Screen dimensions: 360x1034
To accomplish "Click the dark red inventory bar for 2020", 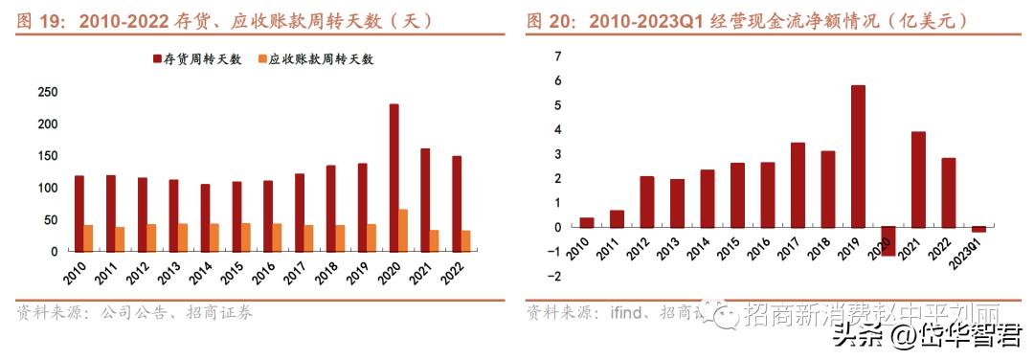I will pos(393,178).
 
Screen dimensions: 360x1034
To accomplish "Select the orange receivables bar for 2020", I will pos(403,231).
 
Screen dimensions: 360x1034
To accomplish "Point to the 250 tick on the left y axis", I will pos(47,93).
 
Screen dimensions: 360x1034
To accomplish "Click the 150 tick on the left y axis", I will pos(47,156).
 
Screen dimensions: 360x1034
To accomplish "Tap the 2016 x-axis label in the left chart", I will pos(262,272).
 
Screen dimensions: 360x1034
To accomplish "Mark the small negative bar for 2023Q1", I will pos(978,230).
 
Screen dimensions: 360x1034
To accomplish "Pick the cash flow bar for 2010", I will pos(586,222).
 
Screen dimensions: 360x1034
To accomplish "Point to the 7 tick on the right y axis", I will pos(558,56).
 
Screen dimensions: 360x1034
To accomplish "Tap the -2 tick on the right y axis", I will pos(556,277).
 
